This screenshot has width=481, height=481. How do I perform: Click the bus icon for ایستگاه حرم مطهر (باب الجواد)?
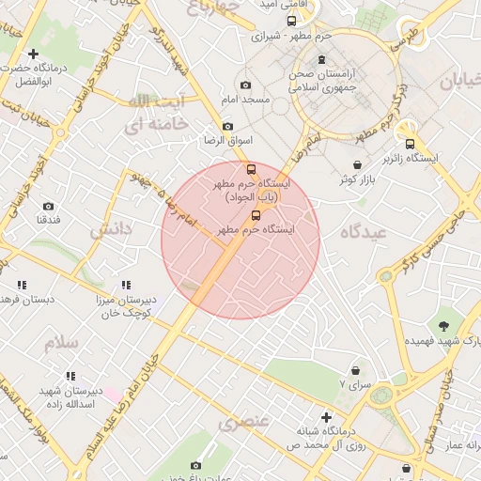pos(251,169)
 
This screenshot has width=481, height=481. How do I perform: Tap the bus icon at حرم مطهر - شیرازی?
pos(291,21)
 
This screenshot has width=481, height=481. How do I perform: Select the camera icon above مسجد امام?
pos(246,85)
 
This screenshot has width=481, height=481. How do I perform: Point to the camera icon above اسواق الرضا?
pos(227,127)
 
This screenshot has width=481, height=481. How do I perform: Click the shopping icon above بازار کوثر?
pos(357,164)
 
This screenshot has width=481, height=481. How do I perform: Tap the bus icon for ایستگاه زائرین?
pos(410,144)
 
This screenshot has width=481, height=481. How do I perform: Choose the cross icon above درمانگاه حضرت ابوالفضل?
pos(34,54)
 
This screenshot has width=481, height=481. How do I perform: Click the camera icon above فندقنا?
pos(48,206)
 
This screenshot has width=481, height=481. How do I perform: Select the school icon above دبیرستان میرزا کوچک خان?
pos(126,285)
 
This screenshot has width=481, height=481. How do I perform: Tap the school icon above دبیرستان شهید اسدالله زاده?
pos(70,376)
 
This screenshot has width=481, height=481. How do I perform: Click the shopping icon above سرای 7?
pos(355,371)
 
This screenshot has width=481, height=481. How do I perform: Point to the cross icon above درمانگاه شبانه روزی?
pos(326,416)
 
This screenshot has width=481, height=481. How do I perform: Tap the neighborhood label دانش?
pos(117,228)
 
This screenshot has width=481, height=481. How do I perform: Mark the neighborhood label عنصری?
pos(243,423)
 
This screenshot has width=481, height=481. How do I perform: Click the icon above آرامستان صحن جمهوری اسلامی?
pos(322,60)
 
